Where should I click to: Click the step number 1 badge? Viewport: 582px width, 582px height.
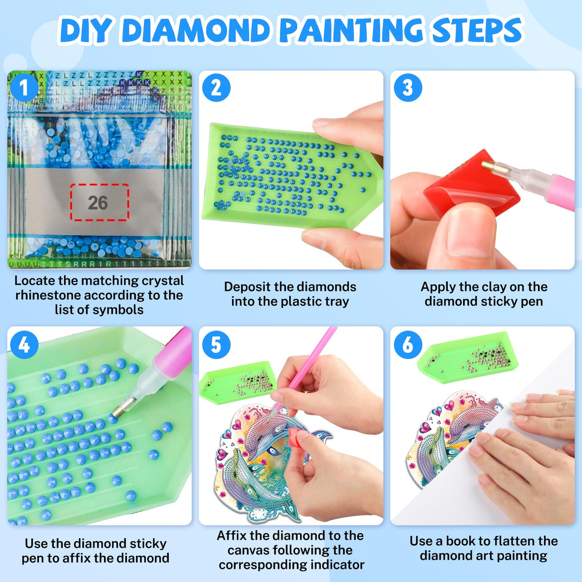(x=24, y=88)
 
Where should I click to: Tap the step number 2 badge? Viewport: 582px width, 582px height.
(x=216, y=88)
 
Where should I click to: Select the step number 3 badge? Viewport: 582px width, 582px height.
(x=408, y=88)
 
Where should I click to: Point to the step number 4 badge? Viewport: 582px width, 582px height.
(x=24, y=345)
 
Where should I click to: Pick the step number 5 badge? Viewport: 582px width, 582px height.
(x=216, y=345)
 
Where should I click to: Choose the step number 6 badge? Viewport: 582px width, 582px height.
(x=408, y=345)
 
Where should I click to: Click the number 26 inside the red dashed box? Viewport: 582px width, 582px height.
(x=98, y=203)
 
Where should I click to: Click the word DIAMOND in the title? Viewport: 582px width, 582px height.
(x=196, y=31)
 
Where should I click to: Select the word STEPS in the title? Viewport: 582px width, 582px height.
(x=477, y=31)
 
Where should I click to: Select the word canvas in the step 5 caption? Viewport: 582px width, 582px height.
(x=246, y=550)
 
